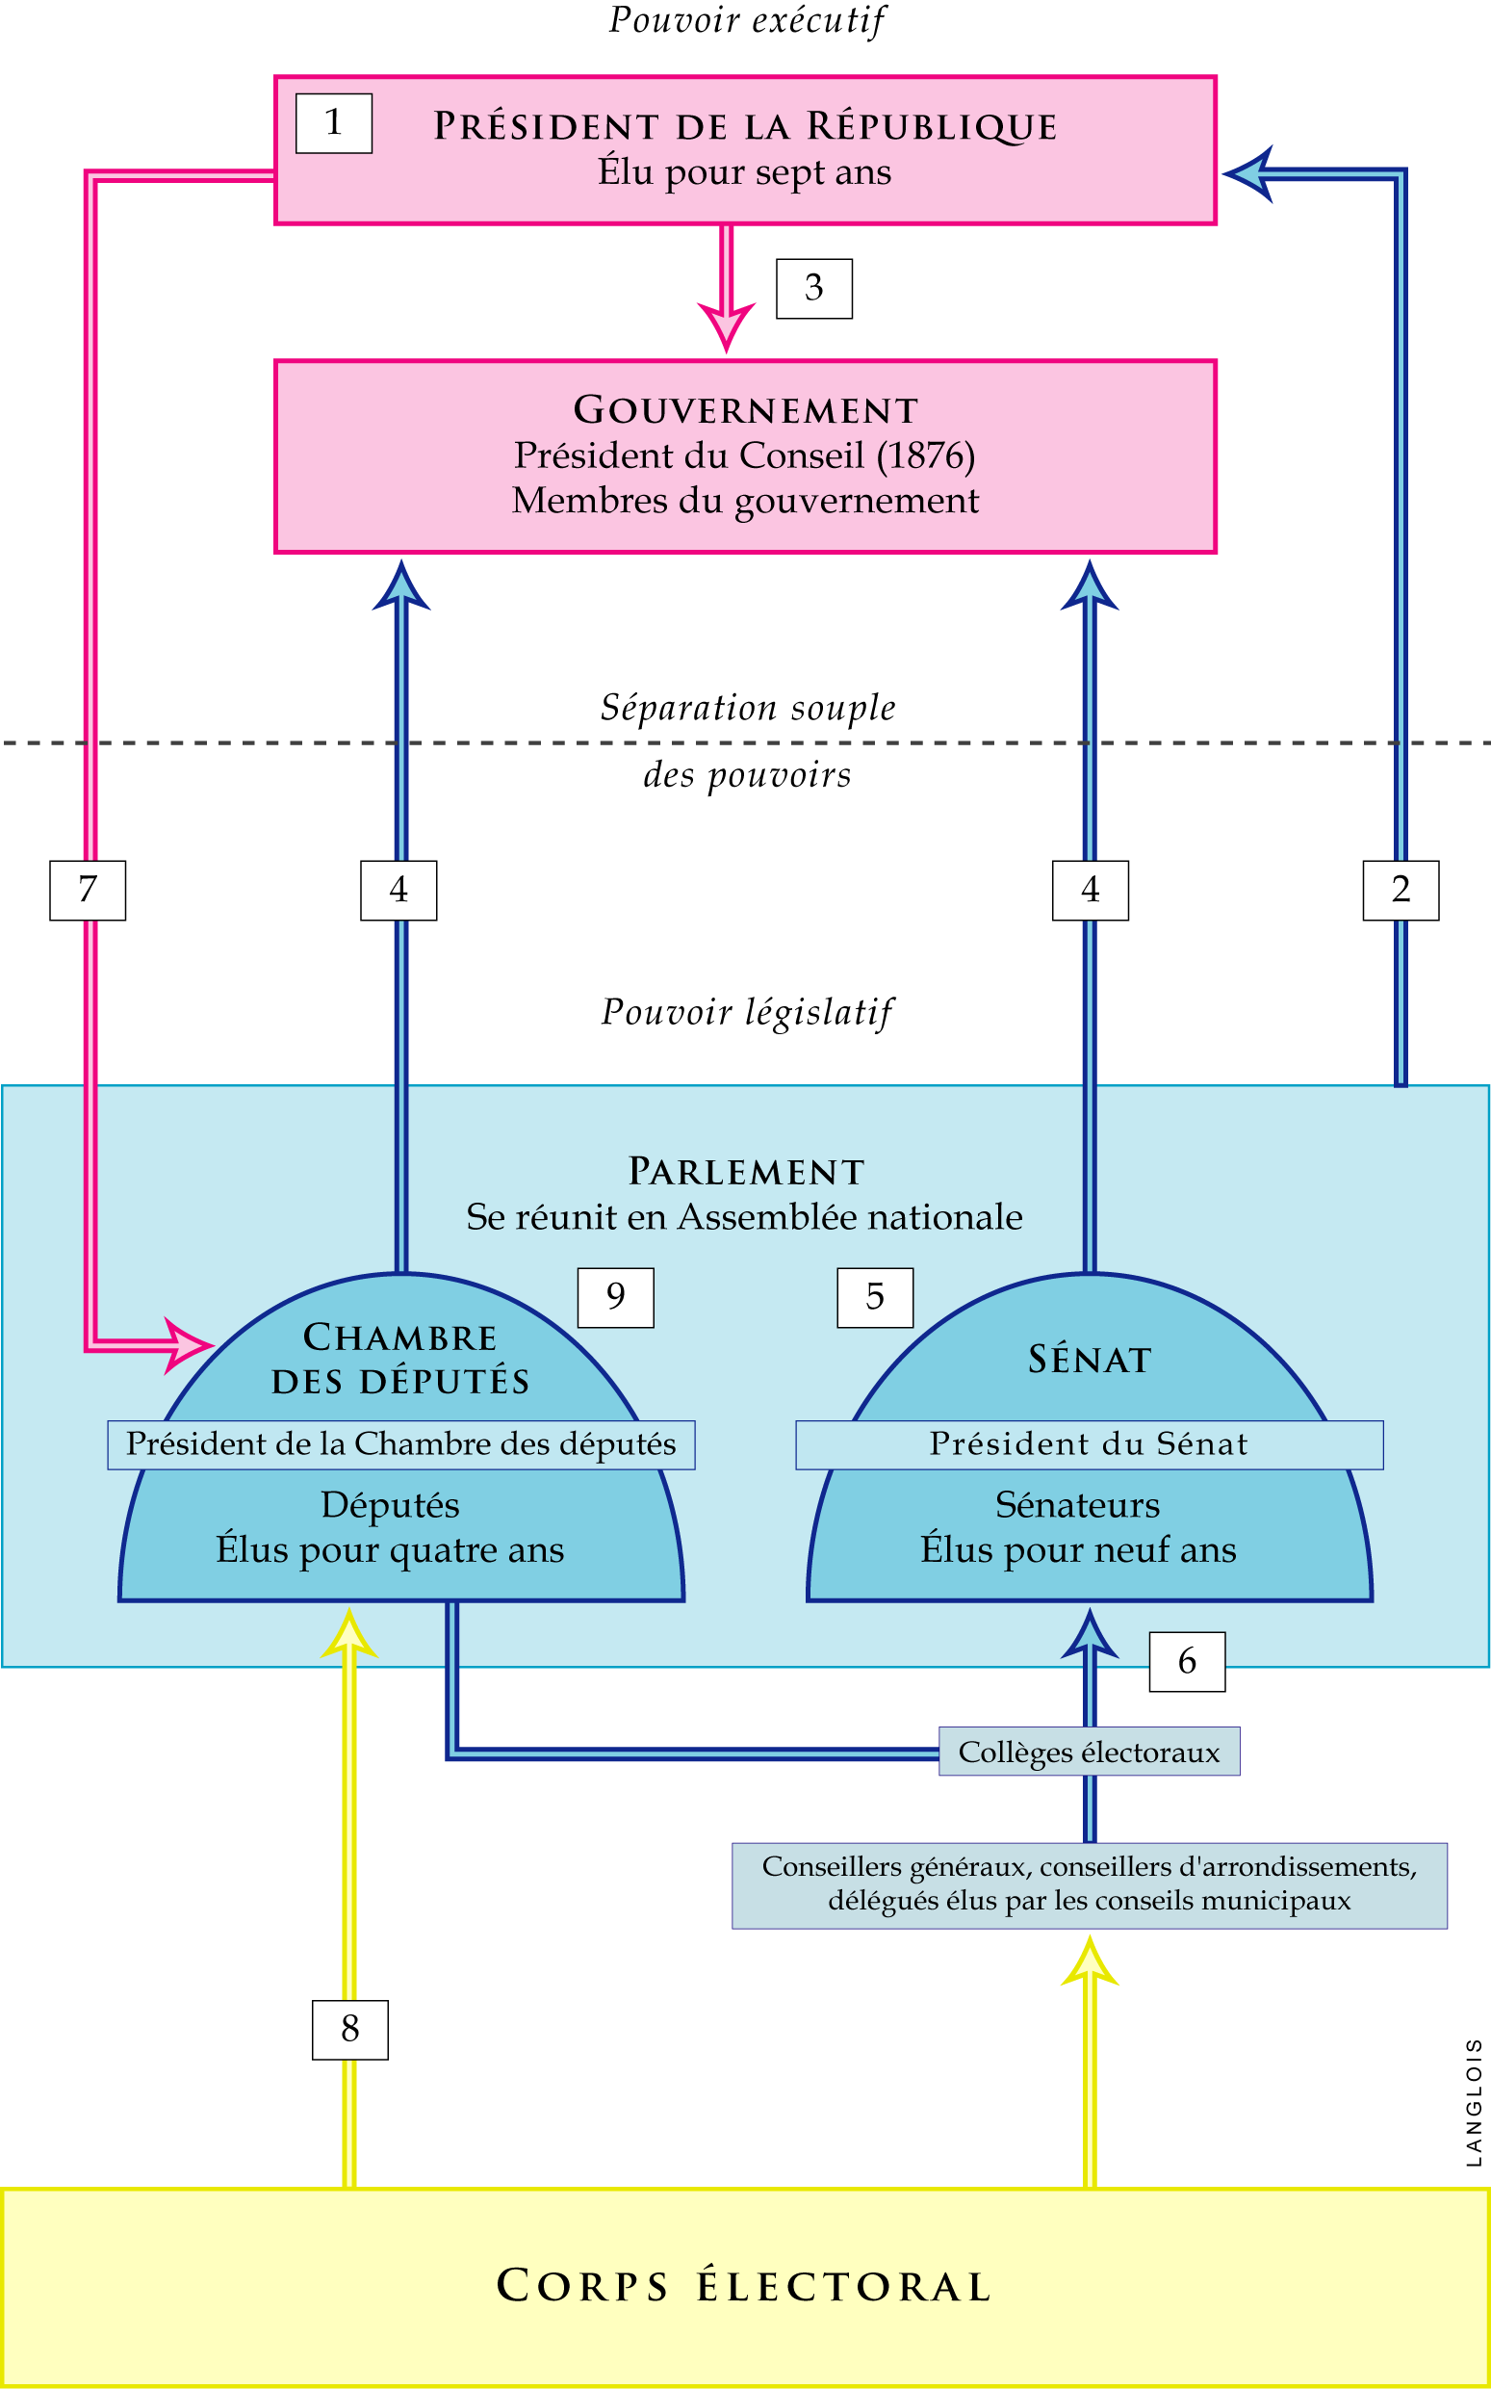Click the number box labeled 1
tap(333, 123)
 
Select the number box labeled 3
tap(813, 288)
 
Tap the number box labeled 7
tap(88, 890)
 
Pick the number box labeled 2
tap(1401, 890)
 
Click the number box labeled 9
tap(615, 1297)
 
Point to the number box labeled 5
tap(875, 1297)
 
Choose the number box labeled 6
tap(1186, 1661)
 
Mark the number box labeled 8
tap(350, 2029)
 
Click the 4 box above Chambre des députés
tap(398, 890)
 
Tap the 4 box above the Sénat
tap(1090, 890)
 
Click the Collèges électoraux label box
tap(1089, 1752)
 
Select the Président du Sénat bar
tap(1089, 1444)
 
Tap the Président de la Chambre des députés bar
tap(400, 1444)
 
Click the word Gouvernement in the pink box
tap(745, 410)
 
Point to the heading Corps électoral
tap(744, 2285)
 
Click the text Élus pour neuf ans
tap(1078, 1548)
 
